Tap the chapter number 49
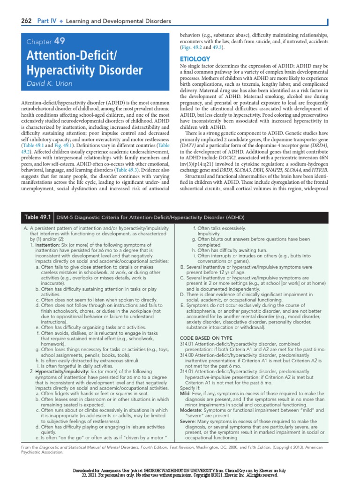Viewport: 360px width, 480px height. tap(60, 42)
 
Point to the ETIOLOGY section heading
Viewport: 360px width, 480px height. tap(195, 60)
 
